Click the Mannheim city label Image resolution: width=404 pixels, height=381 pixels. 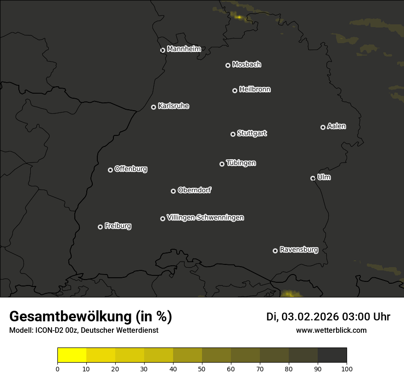point(184,49)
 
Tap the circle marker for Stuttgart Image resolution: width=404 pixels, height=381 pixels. point(233,134)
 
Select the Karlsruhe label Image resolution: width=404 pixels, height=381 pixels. point(173,106)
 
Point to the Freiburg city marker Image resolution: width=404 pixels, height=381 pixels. point(100,227)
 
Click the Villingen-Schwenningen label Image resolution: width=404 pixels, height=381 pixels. point(205,218)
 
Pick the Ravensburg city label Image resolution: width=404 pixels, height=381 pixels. point(298,250)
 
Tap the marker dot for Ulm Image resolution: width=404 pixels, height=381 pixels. point(313,178)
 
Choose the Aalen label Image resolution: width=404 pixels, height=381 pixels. point(337,126)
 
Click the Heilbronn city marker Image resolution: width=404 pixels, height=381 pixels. point(235,90)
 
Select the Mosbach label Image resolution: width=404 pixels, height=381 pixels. point(247,65)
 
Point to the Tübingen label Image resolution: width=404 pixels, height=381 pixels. point(241,163)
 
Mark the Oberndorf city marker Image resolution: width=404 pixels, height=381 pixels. point(173,191)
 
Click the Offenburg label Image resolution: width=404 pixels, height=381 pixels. point(131,169)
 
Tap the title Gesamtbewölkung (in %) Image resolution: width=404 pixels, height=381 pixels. point(90,317)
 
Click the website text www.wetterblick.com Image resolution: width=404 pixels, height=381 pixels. point(331,330)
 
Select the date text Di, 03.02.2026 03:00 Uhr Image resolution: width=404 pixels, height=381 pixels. point(328,317)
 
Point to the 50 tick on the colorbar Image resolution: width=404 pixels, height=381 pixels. point(202,369)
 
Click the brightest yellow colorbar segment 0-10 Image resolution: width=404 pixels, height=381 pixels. point(72,355)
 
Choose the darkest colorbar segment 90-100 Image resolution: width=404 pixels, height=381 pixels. point(332,355)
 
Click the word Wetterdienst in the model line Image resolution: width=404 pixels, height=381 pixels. point(138,330)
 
